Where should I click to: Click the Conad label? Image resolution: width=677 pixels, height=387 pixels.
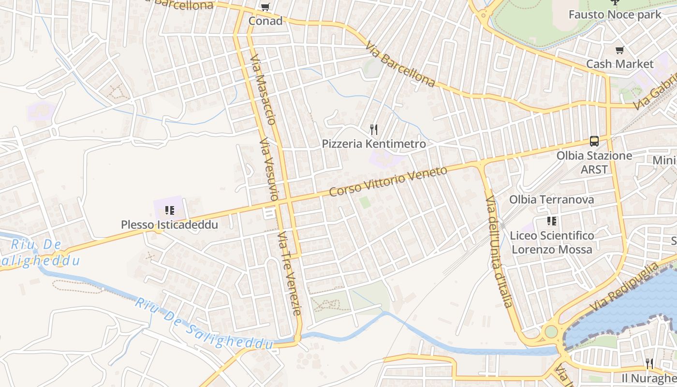coord(265,21)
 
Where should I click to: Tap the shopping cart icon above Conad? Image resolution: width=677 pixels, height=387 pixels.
coord(265,7)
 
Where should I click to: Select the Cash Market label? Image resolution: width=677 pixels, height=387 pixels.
coord(619,64)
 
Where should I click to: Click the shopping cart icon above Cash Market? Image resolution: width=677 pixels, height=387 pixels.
coord(619,50)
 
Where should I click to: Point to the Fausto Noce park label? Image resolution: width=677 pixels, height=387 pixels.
coord(615,15)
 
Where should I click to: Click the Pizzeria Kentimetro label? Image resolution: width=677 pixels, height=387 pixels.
coord(374,144)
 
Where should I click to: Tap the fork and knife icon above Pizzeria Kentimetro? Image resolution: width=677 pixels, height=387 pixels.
coord(373,130)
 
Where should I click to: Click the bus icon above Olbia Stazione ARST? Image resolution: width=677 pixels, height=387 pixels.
coord(594,141)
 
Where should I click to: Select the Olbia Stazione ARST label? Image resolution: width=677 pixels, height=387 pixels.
coord(594,162)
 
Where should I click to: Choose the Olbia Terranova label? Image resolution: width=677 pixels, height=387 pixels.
coord(551,199)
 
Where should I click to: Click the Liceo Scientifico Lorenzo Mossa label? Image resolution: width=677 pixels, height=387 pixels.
coord(552,242)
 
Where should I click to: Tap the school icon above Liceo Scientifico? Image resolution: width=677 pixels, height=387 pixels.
coord(552,221)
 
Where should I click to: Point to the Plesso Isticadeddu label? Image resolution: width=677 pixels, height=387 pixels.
coord(169,225)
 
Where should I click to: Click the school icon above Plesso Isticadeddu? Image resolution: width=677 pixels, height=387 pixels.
coord(169,210)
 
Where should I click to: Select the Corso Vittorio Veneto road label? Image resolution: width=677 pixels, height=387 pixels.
coord(388,181)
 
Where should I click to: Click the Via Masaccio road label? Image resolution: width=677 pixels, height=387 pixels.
coord(263,89)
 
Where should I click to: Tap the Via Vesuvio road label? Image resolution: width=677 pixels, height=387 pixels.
coord(269,169)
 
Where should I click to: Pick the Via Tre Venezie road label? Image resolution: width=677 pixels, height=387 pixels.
coord(290,273)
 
